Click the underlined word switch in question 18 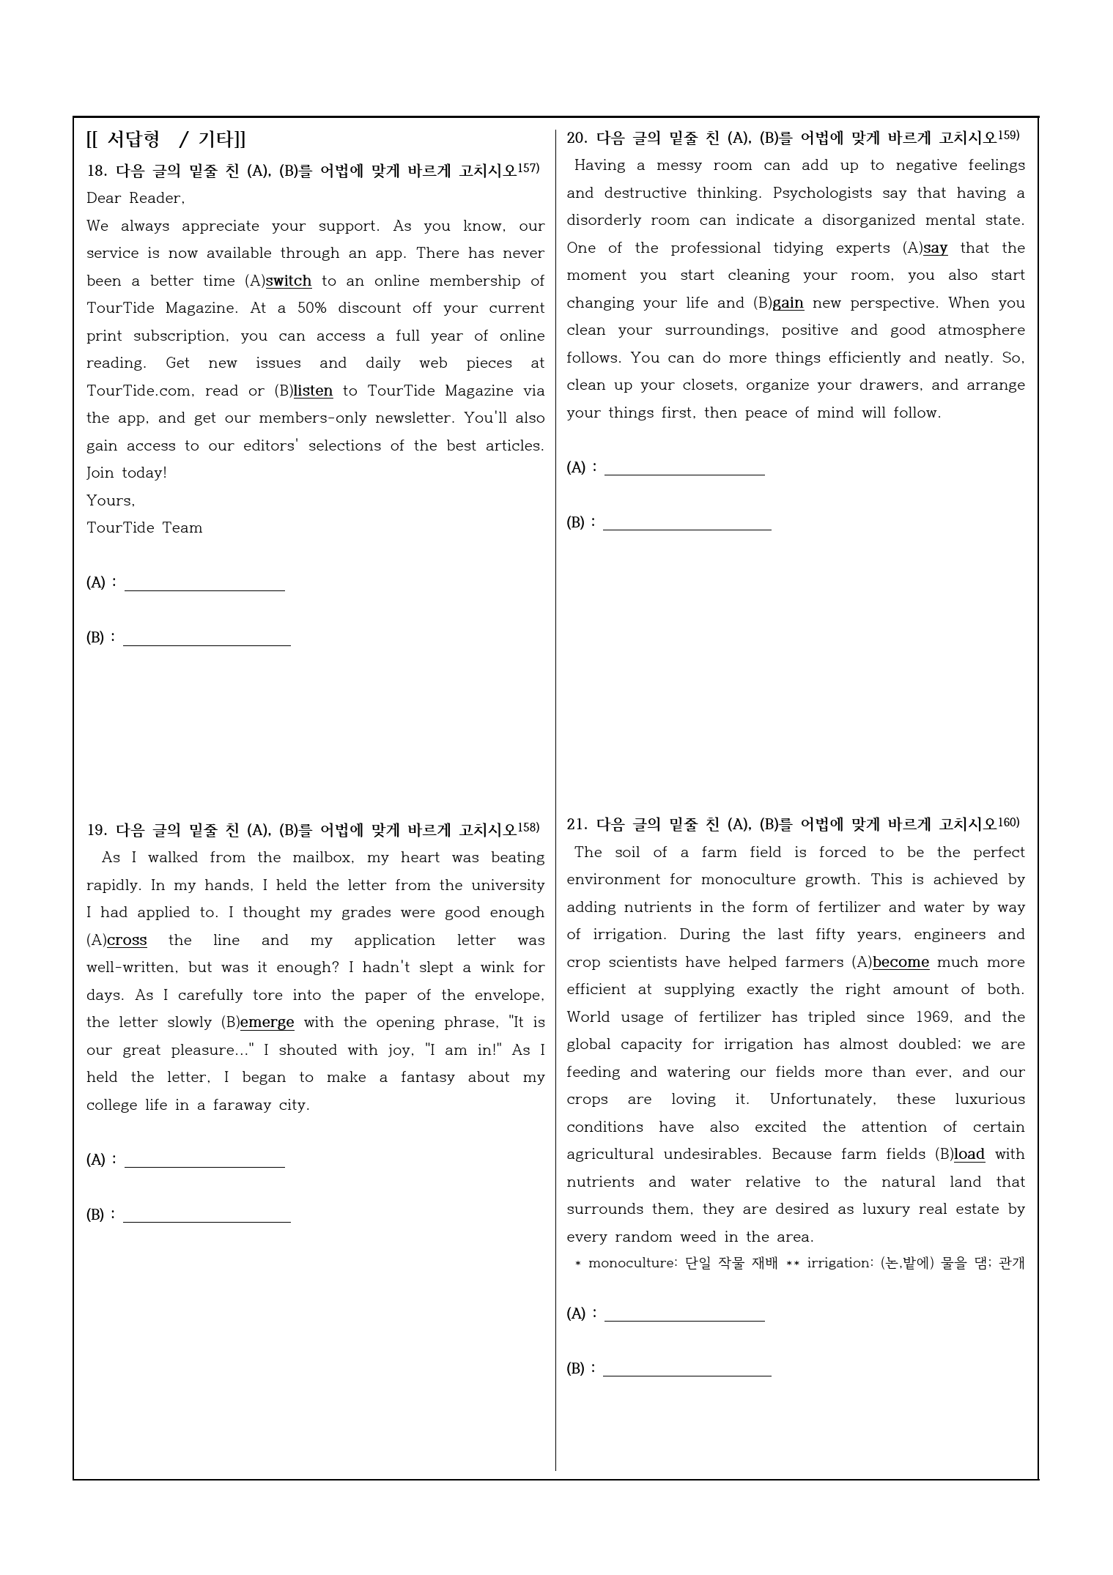pyautogui.click(x=289, y=281)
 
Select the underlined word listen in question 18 pyautogui.click(x=313, y=391)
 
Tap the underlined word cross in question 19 pyautogui.click(x=127, y=941)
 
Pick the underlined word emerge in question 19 pyautogui.click(x=267, y=1023)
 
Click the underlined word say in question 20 pyautogui.click(x=935, y=248)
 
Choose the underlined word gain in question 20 pyautogui.click(x=788, y=303)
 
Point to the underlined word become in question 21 pyautogui.click(x=901, y=963)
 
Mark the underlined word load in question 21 pyautogui.click(x=969, y=1155)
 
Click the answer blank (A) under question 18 pyautogui.click(x=204, y=584)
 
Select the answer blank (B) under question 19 pyautogui.click(x=207, y=1215)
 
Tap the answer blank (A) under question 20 pyautogui.click(x=684, y=469)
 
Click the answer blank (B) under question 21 pyautogui.click(x=687, y=1369)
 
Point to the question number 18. pyautogui.click(x=96, y=171)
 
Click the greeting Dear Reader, pyautogui.click(x=136, y=199)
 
